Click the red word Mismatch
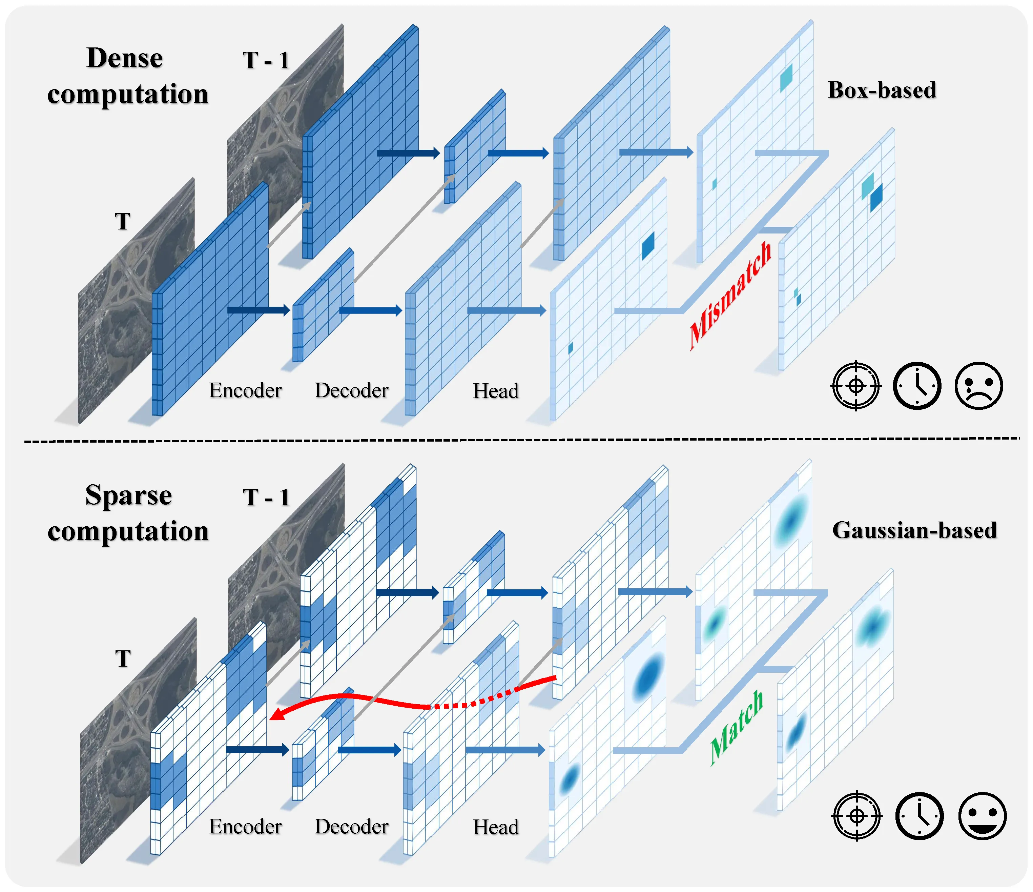click(730, 296)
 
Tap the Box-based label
click(882, 90)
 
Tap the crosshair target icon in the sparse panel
click(856, 816)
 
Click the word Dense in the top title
click(125, 58)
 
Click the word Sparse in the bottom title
click(129, 495)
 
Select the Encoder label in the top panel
click(245, 390)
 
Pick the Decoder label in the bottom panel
click(351, 827)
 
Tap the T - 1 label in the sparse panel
click(266, 497)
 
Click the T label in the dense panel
click(123, 221)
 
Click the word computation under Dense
click(128, 94)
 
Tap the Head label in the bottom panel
click(496, 827)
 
